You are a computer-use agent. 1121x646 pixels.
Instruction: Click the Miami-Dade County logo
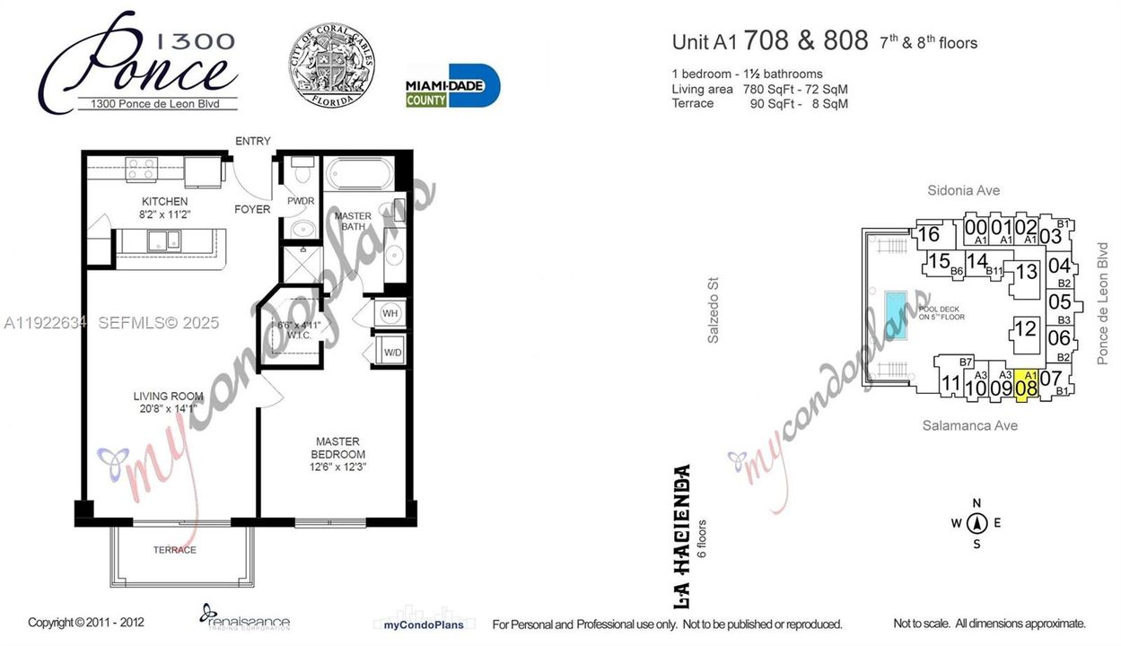tap(452, 86)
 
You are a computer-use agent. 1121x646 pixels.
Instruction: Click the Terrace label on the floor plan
tap(174, 549)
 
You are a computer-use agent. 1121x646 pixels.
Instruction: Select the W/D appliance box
tap(392, 352)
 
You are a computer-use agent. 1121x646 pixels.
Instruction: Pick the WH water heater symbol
tap(390, 313)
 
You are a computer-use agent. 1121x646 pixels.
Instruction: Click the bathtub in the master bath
tap(359, 172)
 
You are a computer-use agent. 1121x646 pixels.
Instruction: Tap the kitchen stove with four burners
tap(141, 168)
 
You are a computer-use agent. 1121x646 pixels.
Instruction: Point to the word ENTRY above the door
tap(252, 141)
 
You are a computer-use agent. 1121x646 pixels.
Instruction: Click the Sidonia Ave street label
tap(963, 190)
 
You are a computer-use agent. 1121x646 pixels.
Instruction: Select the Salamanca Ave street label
tap(969, 425)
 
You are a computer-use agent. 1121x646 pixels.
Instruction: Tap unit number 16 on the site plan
tap(929, 235)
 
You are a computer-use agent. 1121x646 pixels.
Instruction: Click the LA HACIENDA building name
tap(681, 522)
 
